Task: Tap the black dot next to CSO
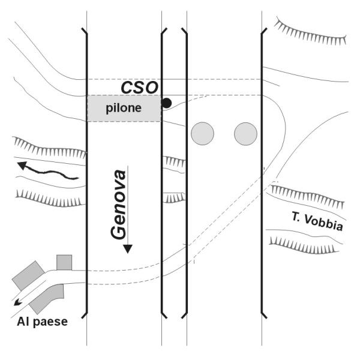167,103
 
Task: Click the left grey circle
202,133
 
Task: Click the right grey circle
245,133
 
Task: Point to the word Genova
121,204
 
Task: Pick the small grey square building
64,262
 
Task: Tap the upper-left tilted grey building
28,275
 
